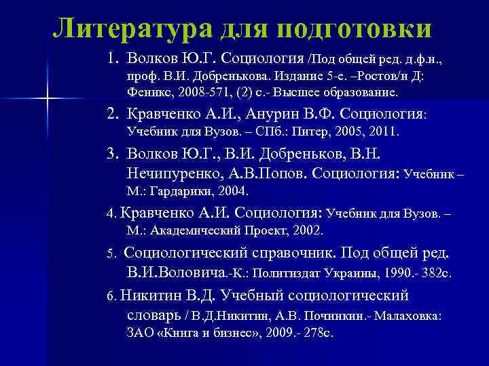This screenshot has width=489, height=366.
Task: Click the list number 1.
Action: (112, 58)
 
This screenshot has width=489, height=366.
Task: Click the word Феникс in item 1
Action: (147, 91)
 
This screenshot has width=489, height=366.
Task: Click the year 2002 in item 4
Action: (308, 230)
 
